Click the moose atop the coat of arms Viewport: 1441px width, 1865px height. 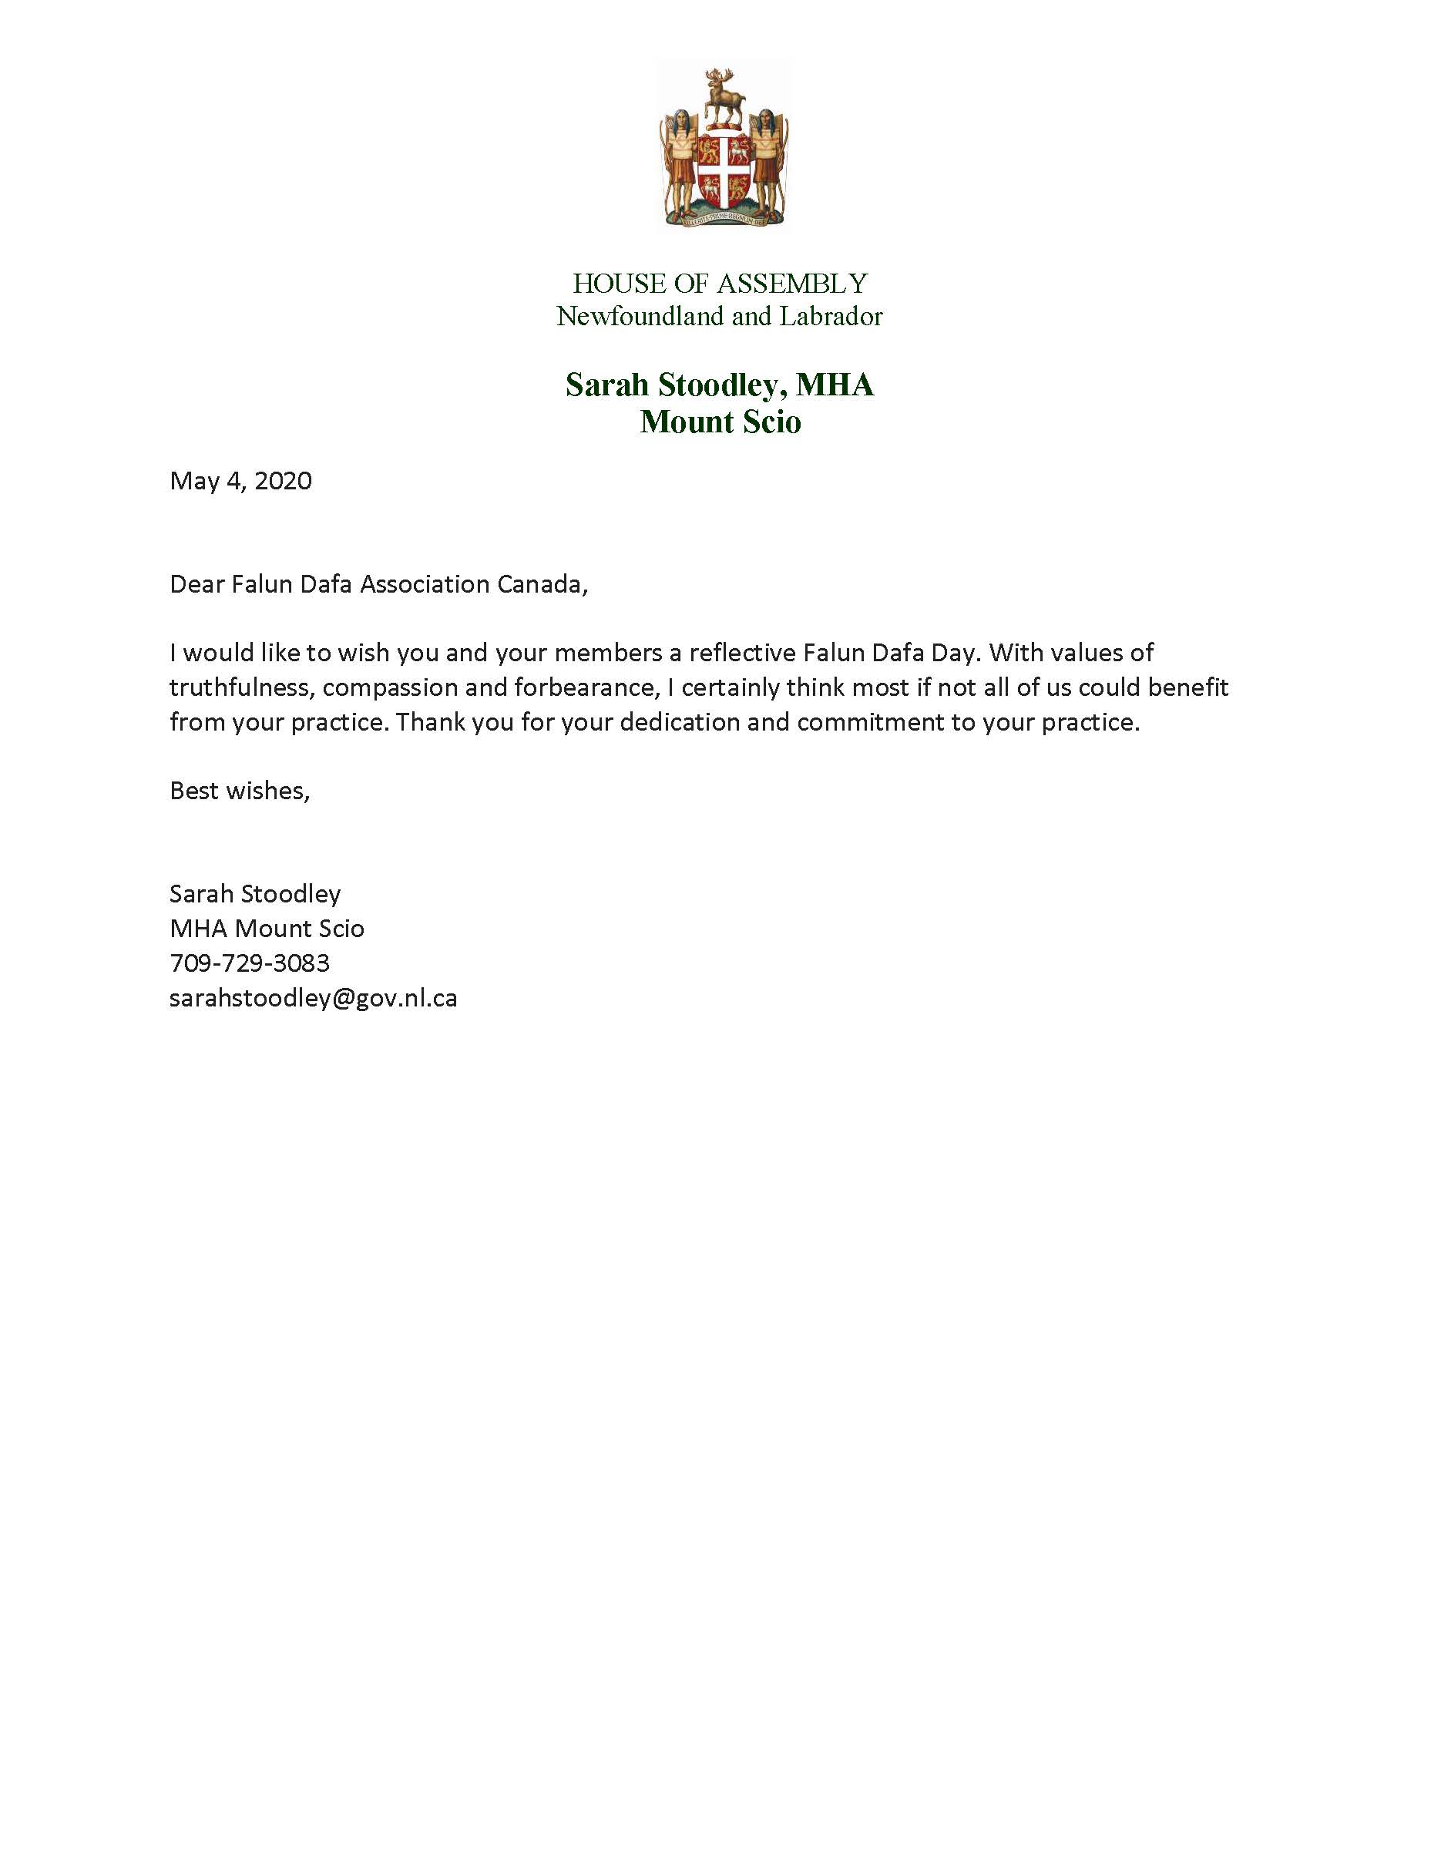pyautogui.click(x=723, y=98)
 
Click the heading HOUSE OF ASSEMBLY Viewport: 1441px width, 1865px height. pyautogui.click(x=720, y=284)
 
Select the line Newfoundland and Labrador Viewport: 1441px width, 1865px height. pyautogui.click(x=720, y=317)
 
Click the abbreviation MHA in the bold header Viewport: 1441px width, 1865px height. pyautogui.click(x=834, y=385)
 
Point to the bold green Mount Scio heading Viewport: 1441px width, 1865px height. pyautogui.click(x=720, y=422)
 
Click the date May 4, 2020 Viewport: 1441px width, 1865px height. pyautogui.click(x=240, y=481)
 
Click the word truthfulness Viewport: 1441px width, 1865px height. pyautogui.click(x=238, y=687)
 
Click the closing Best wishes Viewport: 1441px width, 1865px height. pyautogui.click(x=239, y=791)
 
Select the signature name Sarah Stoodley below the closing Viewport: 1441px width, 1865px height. pyautogui.click(x=254, y=894)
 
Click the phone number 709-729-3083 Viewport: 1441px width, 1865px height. pyautogui.click(x=249, y=963)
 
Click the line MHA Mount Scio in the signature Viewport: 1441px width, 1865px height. pyautogui.click(x=267, y=929)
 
